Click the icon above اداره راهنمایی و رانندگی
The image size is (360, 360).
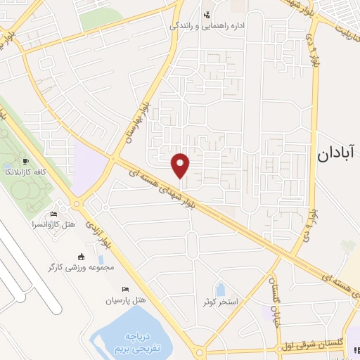(x=207, y=15)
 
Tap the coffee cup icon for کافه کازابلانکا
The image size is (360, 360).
(x=26, y=161)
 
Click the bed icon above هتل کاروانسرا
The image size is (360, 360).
(x=54, y=214)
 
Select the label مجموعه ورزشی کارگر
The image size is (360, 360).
(x=81, y=267)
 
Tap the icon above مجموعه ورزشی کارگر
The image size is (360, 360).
(x=81, y=257)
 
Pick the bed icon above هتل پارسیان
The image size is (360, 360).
(x=125, y=290)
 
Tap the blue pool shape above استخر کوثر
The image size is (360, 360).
(x=220, y=288)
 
